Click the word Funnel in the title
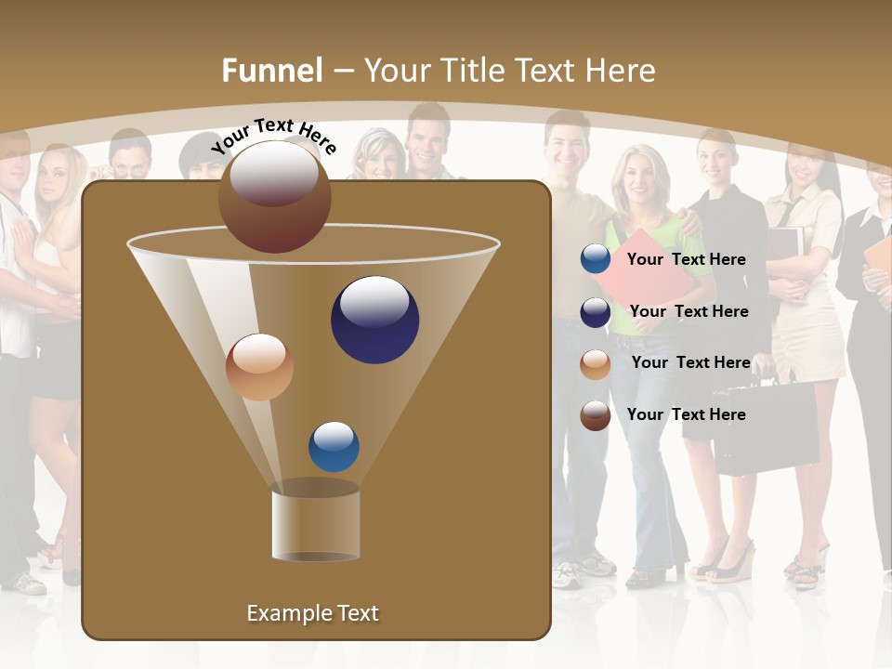(271, 71)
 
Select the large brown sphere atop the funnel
(274, 197)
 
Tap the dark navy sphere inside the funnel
(374, 320)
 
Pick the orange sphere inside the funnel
(259, 367)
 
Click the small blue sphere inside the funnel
(334, 447)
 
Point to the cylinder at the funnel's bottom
(316, 521)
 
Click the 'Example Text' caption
(312, 613)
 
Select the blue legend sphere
(596, 259)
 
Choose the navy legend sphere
(596, 312)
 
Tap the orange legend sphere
(596, 364)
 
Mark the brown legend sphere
(596, 415)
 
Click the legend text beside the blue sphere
(686, 259)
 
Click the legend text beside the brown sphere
(686, 414)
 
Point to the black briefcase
(764, 429)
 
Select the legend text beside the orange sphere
(690, 362)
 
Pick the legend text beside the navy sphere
(689, 311)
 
